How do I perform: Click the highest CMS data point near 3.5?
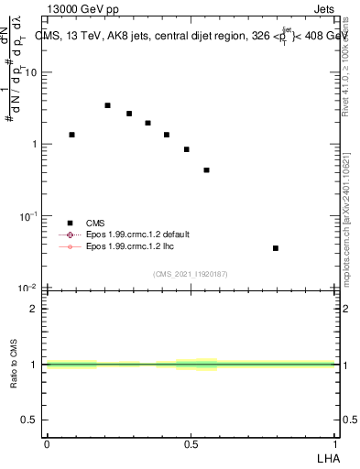pos(107,105)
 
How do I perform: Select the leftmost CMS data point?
pos(71,135)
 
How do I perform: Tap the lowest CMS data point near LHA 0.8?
pos(275,248)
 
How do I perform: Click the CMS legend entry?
pos(95,223)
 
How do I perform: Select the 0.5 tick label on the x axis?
pos(191,443)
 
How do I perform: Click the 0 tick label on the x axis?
pos(47,443)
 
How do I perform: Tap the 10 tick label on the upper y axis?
pos(34,72)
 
